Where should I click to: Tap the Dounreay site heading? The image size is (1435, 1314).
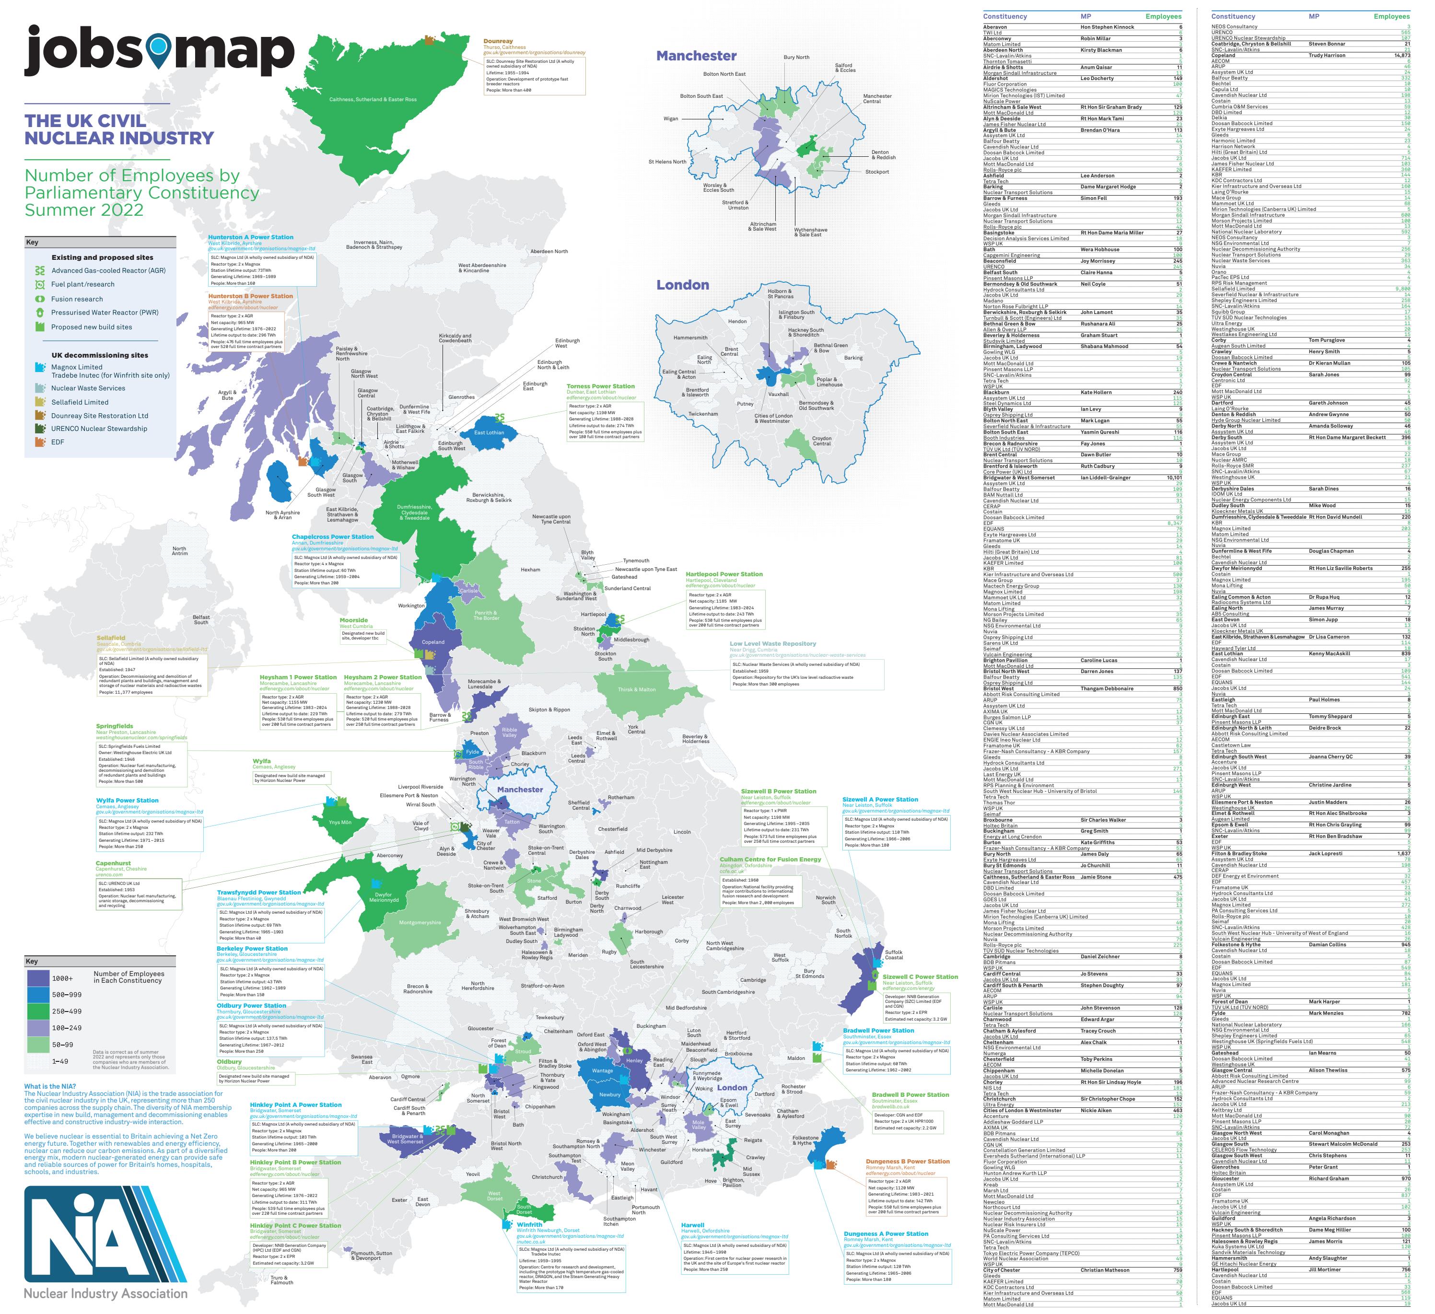[x=498, y=41]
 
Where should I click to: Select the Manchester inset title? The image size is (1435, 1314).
[x=696, y=56]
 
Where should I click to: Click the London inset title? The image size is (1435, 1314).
[x=682, y=285]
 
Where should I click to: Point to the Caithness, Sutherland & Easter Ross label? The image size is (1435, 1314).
[x=373, y=100]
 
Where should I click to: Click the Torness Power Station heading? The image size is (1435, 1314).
[x=600, y=386]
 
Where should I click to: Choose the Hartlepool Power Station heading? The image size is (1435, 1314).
[x=724, y=574]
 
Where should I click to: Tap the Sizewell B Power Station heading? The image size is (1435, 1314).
[x=779, y=791]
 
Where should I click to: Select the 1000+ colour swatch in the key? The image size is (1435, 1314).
[x=39, y=978]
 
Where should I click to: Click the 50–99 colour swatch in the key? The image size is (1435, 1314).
[x=39, y=1044]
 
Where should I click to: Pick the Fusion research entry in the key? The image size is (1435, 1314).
[x=76, y=299]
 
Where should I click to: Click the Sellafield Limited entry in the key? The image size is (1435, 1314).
[x=79, y=402]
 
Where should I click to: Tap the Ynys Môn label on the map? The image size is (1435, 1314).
[x=339, y=822]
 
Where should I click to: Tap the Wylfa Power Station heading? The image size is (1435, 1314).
[x=128, y=800]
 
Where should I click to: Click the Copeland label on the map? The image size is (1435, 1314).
[x=433, y=642]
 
